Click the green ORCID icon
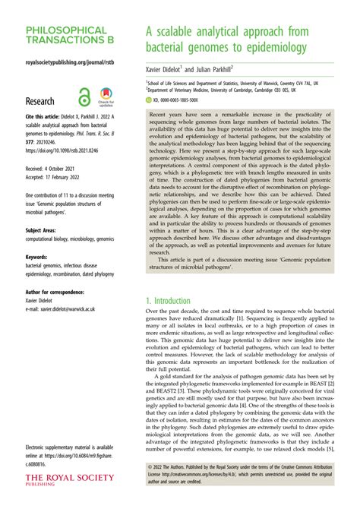[x=149, y=100]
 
